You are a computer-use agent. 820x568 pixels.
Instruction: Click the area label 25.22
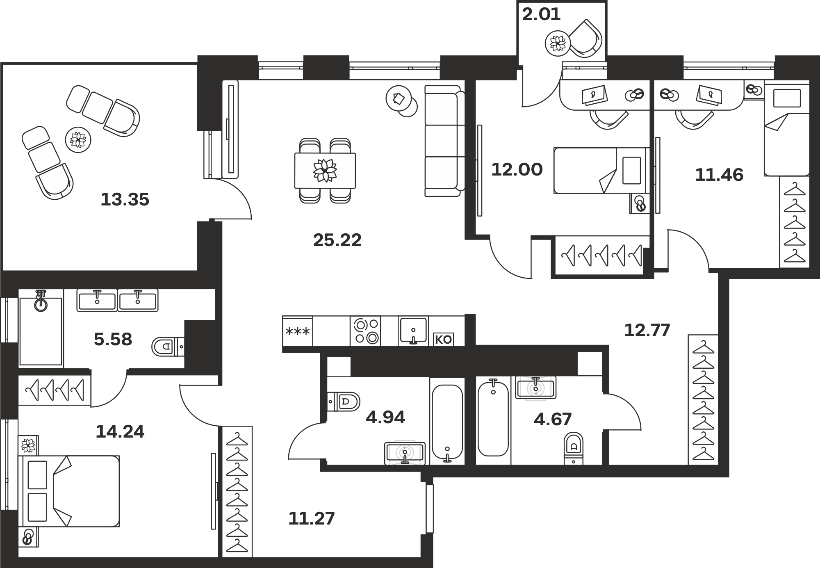pyautogui.click(x=337, y=240)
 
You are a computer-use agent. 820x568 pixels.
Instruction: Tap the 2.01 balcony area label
pyautogui.click(x=541, y=14)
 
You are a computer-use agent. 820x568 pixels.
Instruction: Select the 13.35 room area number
pyautogui.click(x=125, y=200)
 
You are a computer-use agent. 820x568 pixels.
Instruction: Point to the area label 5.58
pyautogui.click(x=113, y=340)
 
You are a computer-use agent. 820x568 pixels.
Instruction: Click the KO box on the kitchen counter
pyautogui.click(x=443, y=339)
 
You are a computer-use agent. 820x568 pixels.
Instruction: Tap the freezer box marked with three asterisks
pyautogui.click(x=298, y=331)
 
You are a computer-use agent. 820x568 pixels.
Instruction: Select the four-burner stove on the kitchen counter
pyautogui.click(x=365, y=331)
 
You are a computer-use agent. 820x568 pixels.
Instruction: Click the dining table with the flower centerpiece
pyautogui.click(x=325, y=171)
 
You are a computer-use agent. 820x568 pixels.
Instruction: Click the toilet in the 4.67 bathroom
pyautogui.click(x=574, y=448)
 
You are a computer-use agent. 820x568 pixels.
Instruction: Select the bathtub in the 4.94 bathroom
pyautogui.click(x=447, y=422)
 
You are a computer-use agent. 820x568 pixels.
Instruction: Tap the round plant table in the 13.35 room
pyautogui.click(x=78, y=140)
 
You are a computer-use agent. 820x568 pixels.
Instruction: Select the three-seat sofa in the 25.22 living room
pyautogui.click(x=445, y=141)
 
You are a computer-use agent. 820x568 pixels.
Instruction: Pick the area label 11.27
pyautogui.click(x=312, y=519)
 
